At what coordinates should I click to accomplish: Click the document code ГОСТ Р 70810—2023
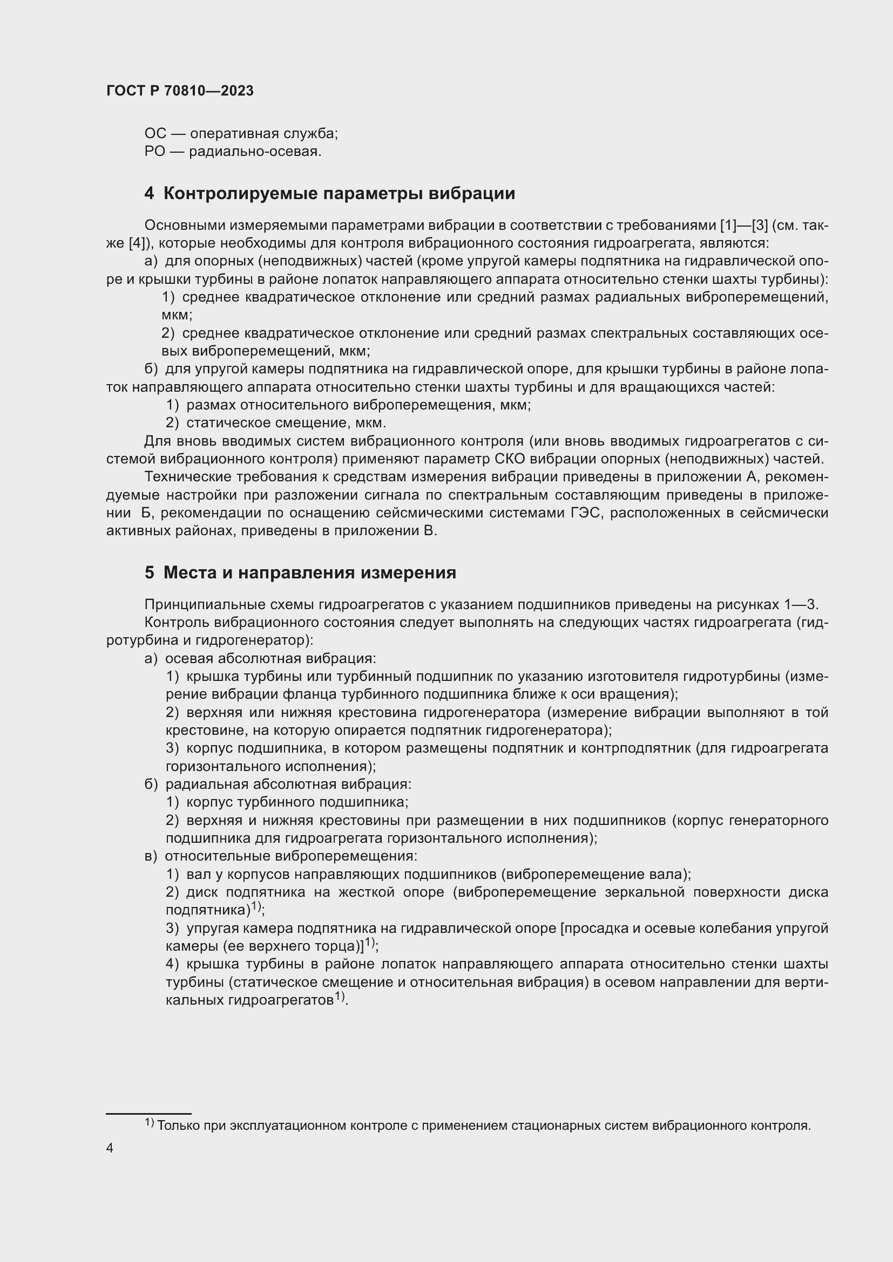(x=180, y=91)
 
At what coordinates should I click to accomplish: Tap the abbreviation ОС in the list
(x=155, y=134)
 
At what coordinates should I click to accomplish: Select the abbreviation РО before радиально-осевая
(x=154, y=151)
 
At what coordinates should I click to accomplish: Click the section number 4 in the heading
(x=150, y=194)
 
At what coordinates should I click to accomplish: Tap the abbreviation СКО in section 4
(x=508, y=459)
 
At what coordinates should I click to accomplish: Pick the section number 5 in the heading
(x=150, y=573)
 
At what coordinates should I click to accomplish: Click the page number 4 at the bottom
(x=110, y=1148)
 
